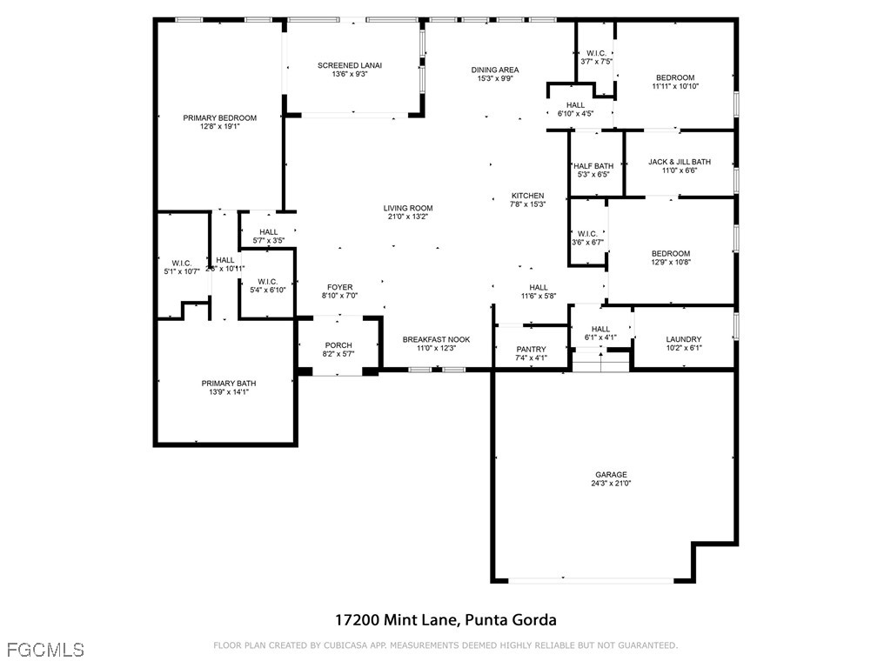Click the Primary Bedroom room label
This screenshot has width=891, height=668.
coord(219,118)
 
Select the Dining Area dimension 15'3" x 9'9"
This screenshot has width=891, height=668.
coord(495,79)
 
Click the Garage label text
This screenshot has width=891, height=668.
coord(611,475)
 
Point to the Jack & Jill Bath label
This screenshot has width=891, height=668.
coord(680,162)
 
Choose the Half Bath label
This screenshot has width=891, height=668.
coord(593,166)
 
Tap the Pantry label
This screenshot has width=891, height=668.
coord(531,349)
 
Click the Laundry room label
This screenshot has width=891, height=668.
coord(684,339)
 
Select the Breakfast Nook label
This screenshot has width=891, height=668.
coord(437,339)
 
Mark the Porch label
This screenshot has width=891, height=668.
coord(338,345)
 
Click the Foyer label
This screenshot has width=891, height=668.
coord(340,287)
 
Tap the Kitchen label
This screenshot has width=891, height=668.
coord(527,196)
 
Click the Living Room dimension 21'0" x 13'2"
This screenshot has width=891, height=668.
coord(408,217)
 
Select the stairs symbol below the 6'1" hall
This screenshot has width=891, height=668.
coord(600,359)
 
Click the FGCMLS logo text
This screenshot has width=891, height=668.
coord(44,649)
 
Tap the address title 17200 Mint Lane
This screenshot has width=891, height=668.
coord(445,620)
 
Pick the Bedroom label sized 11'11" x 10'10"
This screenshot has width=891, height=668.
coord(675,77)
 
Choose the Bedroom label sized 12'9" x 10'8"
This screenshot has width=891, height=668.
coord(671,254)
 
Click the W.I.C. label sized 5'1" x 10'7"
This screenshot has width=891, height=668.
coord(182,263)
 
